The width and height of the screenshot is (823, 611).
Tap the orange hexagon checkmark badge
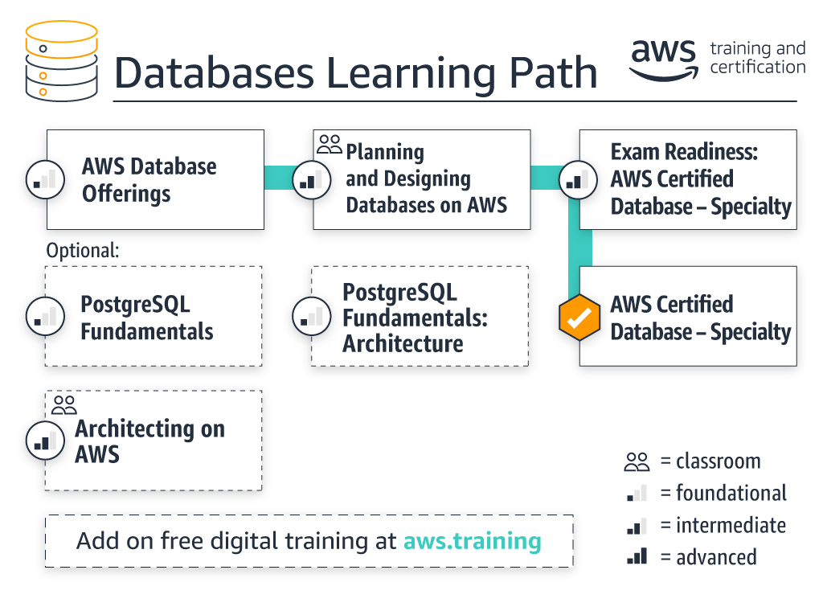579,317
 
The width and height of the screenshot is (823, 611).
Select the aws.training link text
472,540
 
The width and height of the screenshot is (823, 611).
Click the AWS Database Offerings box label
149,180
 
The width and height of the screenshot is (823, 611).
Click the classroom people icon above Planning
330,145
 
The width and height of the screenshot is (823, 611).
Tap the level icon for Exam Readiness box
576,179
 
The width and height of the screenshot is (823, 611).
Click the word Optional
83,250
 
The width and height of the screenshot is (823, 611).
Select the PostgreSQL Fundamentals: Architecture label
415,318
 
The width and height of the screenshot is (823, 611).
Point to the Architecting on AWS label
149,441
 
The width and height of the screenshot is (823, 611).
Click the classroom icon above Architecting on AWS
63,404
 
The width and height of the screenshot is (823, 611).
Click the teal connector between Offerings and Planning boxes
288,178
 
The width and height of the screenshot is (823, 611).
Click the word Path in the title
553,73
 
